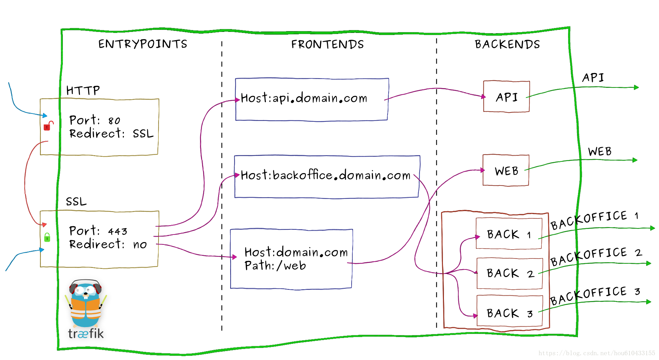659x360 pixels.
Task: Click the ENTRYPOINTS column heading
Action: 143,44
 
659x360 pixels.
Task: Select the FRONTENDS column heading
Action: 328,44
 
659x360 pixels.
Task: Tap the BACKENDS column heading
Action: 507,44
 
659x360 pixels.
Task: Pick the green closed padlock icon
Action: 47,237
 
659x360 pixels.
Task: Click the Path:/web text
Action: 275,266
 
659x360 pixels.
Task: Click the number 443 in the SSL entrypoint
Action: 118,232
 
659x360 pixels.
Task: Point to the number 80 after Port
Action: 114,121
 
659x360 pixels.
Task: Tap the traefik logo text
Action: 86,333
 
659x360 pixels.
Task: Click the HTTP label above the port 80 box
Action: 83,90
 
